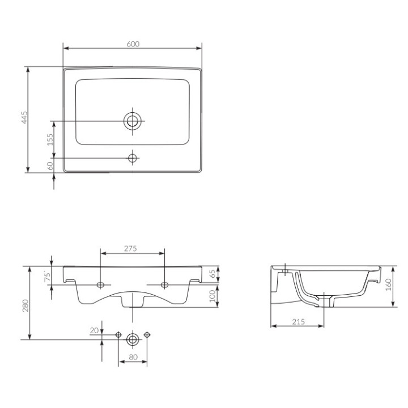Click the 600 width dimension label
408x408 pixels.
tap(133, 44)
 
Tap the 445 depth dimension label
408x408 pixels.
tap(24, 117)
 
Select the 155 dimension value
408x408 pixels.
tap(50, 139)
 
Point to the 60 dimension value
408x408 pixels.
tap(50, 165)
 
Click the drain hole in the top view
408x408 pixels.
tap(133, 121)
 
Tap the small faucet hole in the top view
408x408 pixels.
tap(133, 158)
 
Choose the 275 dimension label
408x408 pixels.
tap(130, 249)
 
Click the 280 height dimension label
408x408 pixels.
tap(25, 305)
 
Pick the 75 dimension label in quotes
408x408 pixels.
tap(47, 277)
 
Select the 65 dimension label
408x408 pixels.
tap(212, 274)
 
